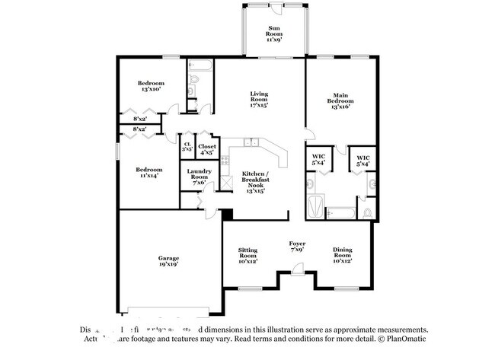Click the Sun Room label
(x=274, y=33)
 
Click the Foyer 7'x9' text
(x=298, y=247)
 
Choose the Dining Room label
(x=341, y=255)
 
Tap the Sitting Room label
(x=247, y=255)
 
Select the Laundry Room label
(x=199, y=176)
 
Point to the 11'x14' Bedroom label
(x=148, y=173)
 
